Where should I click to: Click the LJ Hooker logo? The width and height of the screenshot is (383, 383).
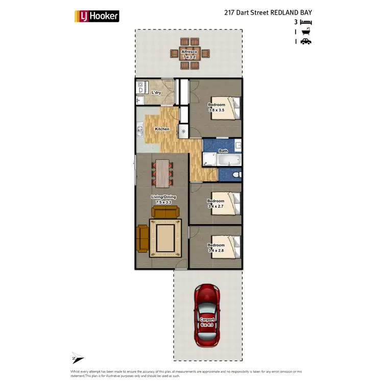tap(97, 16)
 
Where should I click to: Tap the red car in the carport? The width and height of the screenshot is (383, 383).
tap(207, 315)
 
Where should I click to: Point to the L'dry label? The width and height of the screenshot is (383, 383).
tap(157, 92)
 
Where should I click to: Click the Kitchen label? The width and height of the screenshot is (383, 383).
tap(162, 129)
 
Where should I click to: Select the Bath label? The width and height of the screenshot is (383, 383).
tap(223, 151)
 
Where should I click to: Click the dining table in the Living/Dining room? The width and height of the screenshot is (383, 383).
tap(162, 173)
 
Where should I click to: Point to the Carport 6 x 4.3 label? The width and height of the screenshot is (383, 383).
tap(207, 322)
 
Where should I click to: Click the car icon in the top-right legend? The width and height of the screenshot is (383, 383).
tap(306, 42)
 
